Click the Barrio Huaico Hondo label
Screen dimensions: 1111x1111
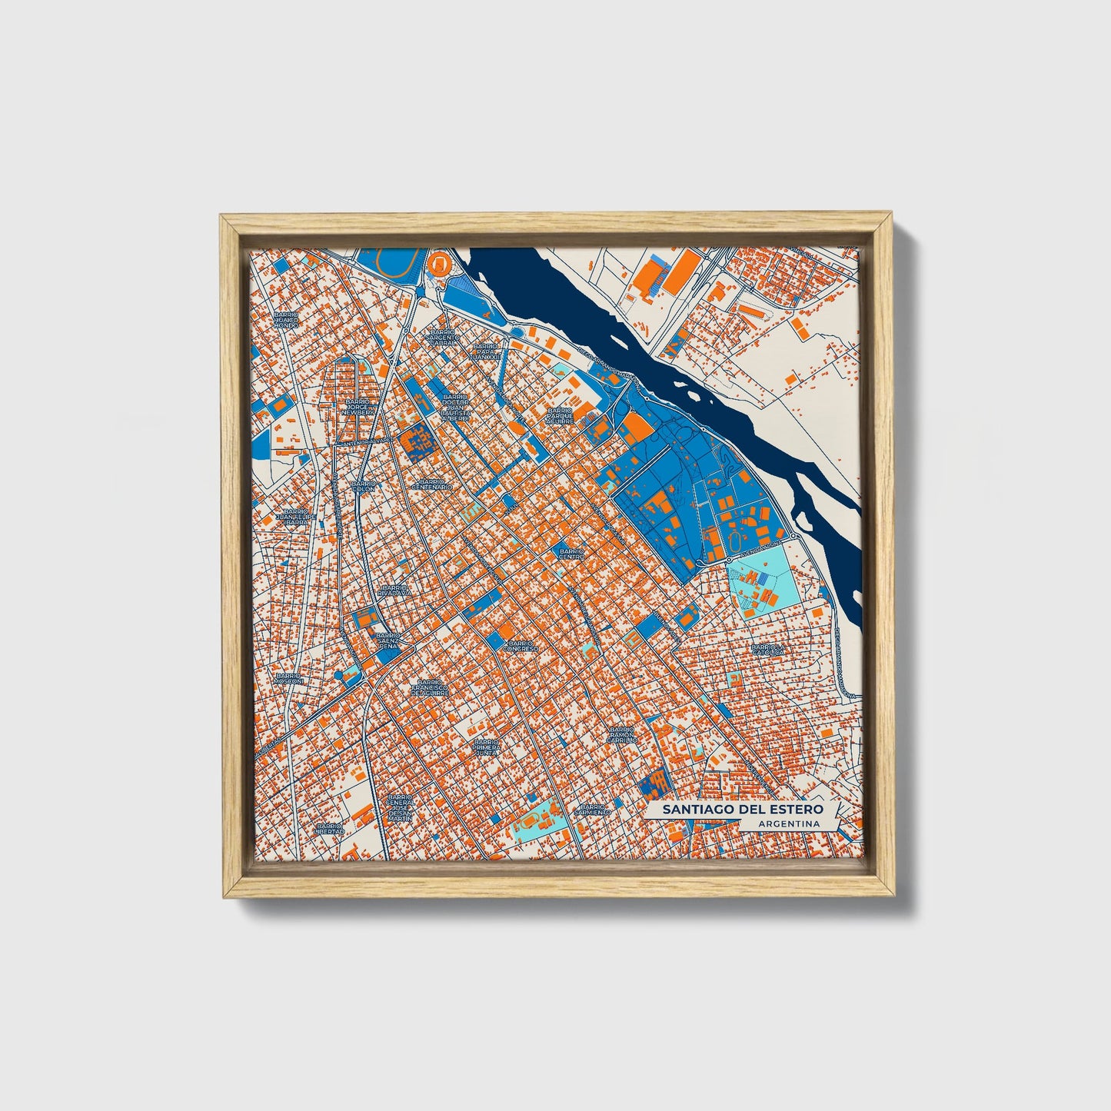click(x=285, y=320)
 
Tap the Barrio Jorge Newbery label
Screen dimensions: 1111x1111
click(x=359, y=407)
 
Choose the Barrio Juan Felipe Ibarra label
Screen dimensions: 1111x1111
click(x=296, y=516)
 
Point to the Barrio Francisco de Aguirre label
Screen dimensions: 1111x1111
click(x=429, y=687)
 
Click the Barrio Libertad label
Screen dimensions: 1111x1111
click(x=329, y=829)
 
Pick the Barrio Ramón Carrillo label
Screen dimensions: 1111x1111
click(x=621, y=735)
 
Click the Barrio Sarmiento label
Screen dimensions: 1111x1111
click(x=593, y=809)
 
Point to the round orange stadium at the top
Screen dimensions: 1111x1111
click(x=440, y=265)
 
